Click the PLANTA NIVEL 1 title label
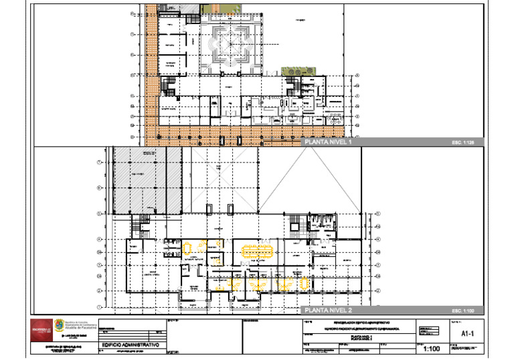328,143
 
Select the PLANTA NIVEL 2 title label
328,311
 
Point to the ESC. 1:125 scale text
462,143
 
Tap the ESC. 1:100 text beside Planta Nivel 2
462,311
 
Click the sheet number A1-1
468,333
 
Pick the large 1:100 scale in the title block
432,349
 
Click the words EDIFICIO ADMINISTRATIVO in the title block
131,344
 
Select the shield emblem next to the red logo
59,326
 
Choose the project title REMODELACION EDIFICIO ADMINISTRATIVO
361,323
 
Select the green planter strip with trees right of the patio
293,71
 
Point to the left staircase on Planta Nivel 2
141,226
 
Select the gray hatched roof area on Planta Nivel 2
147,181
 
